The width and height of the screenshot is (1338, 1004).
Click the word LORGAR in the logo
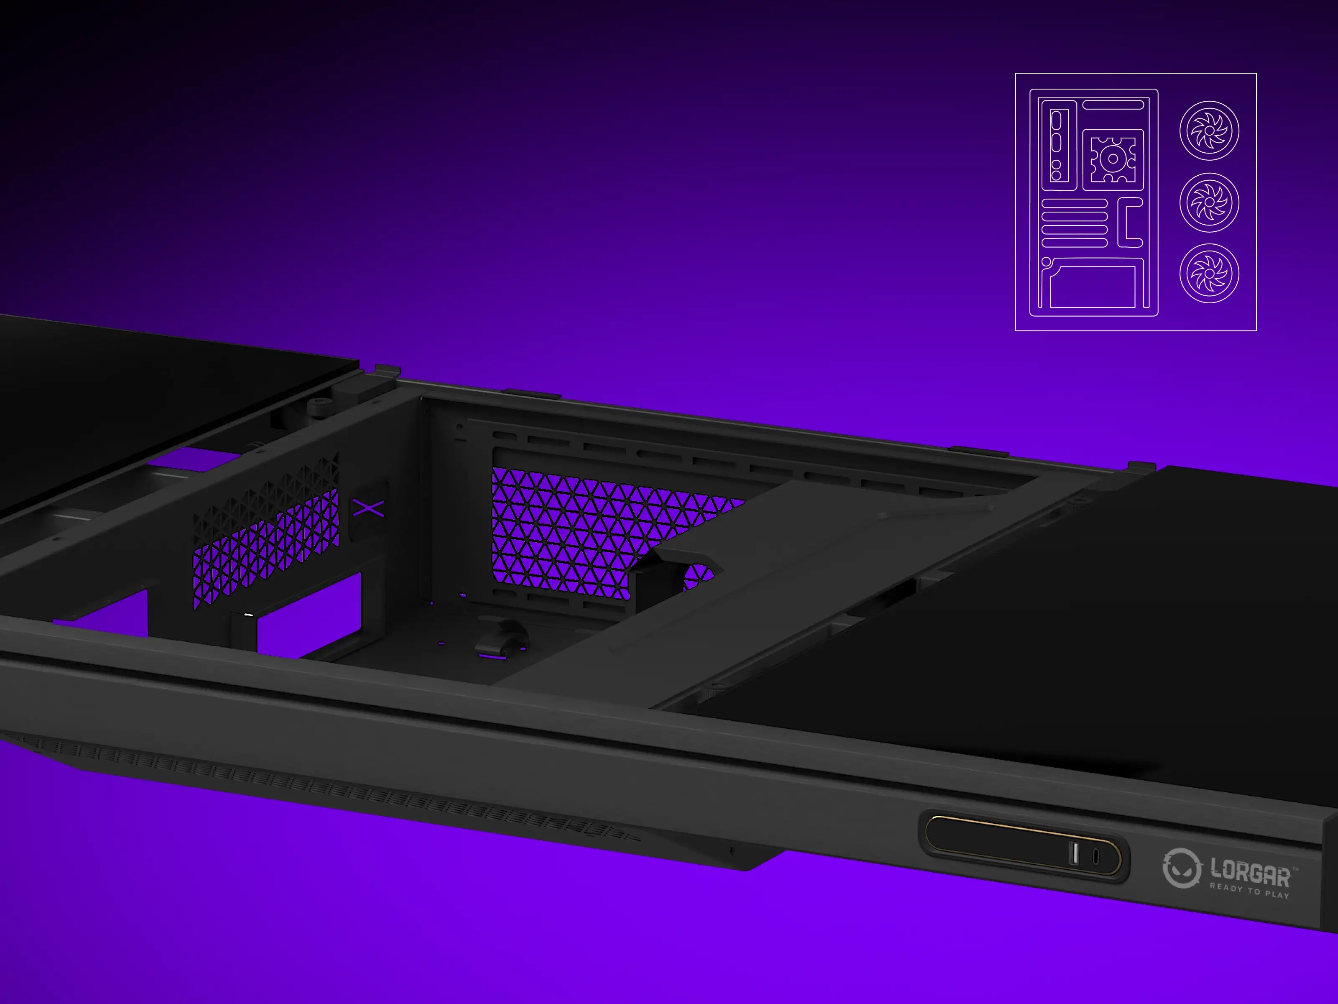tap(1250, 872)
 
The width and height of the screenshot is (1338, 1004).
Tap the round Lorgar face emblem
tap(1181, 868)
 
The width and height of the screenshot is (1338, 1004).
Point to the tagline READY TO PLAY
tap(1249, 891)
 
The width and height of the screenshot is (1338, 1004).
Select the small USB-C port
tap(1095, 856)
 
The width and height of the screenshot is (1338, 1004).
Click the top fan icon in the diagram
tap(1209, 130)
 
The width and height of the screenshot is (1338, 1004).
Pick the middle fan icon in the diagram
tap(1209, 202)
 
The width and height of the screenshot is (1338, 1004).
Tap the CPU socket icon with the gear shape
tap(1113, 159)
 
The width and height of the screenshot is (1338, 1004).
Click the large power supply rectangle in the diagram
tap(1093, 287)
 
